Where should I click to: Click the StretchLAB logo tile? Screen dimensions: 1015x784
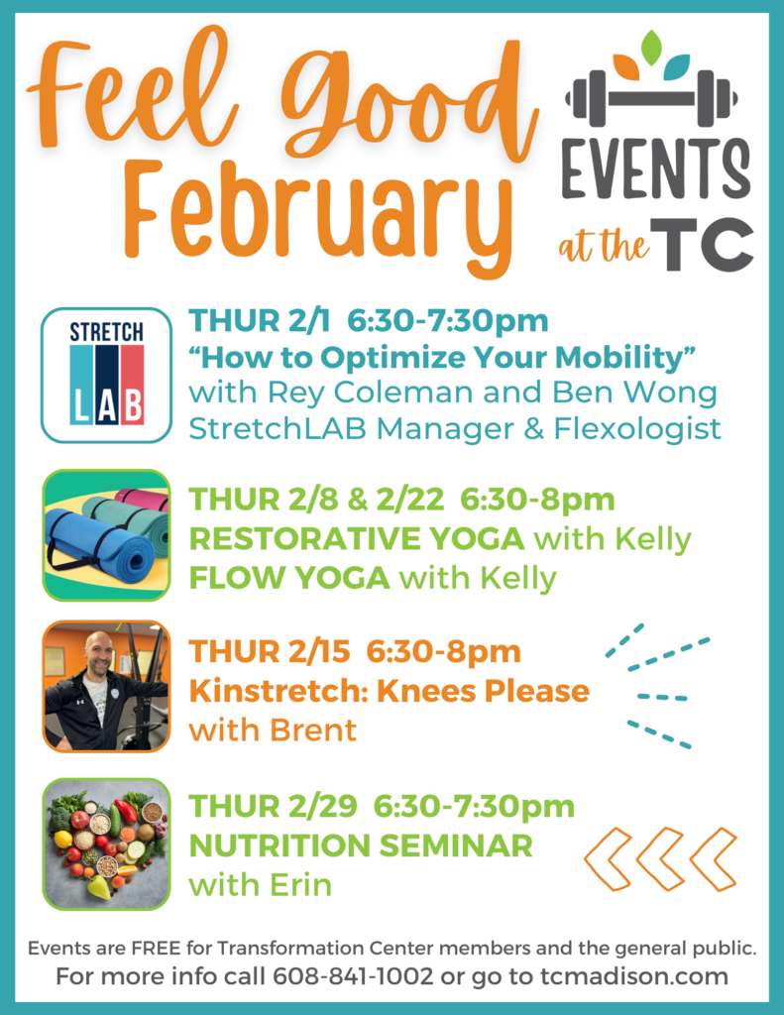click(x=106, y=374)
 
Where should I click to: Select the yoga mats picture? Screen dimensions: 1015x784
click(x=106, y=535)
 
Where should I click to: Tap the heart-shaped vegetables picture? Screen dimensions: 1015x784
click(x=106, y=844)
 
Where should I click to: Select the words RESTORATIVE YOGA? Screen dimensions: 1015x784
click(x=356, y=539)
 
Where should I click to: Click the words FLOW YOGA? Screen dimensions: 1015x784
click(x=288, y=577)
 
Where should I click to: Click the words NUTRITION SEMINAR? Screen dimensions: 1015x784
click(x=361, y=846)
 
